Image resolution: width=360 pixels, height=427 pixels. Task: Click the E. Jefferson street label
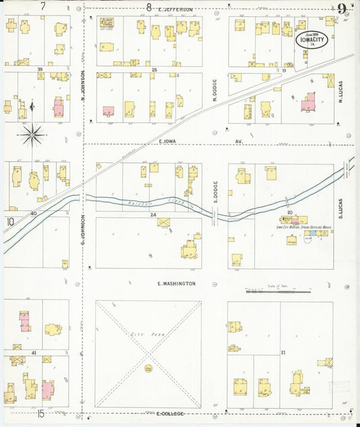[175, 9]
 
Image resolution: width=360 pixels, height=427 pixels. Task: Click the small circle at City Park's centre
[147, 369]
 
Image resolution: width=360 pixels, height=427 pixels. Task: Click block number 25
[154, 70]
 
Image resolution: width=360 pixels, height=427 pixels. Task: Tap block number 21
[283, 353]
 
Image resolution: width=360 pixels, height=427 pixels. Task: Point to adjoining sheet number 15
[41, 413]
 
